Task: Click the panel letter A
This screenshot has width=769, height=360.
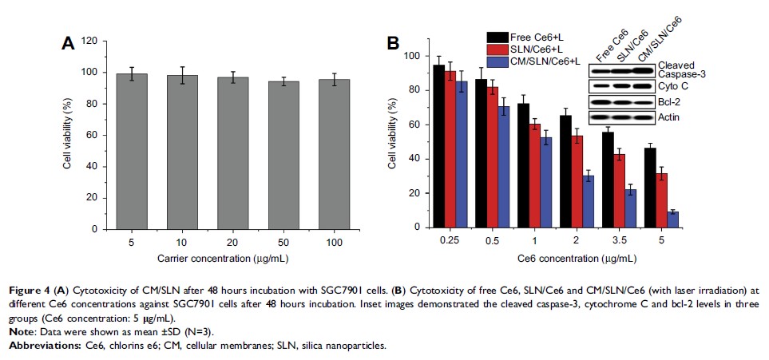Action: [x=69, y=45]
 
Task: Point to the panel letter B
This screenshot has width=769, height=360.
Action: [x=393, y=43]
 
